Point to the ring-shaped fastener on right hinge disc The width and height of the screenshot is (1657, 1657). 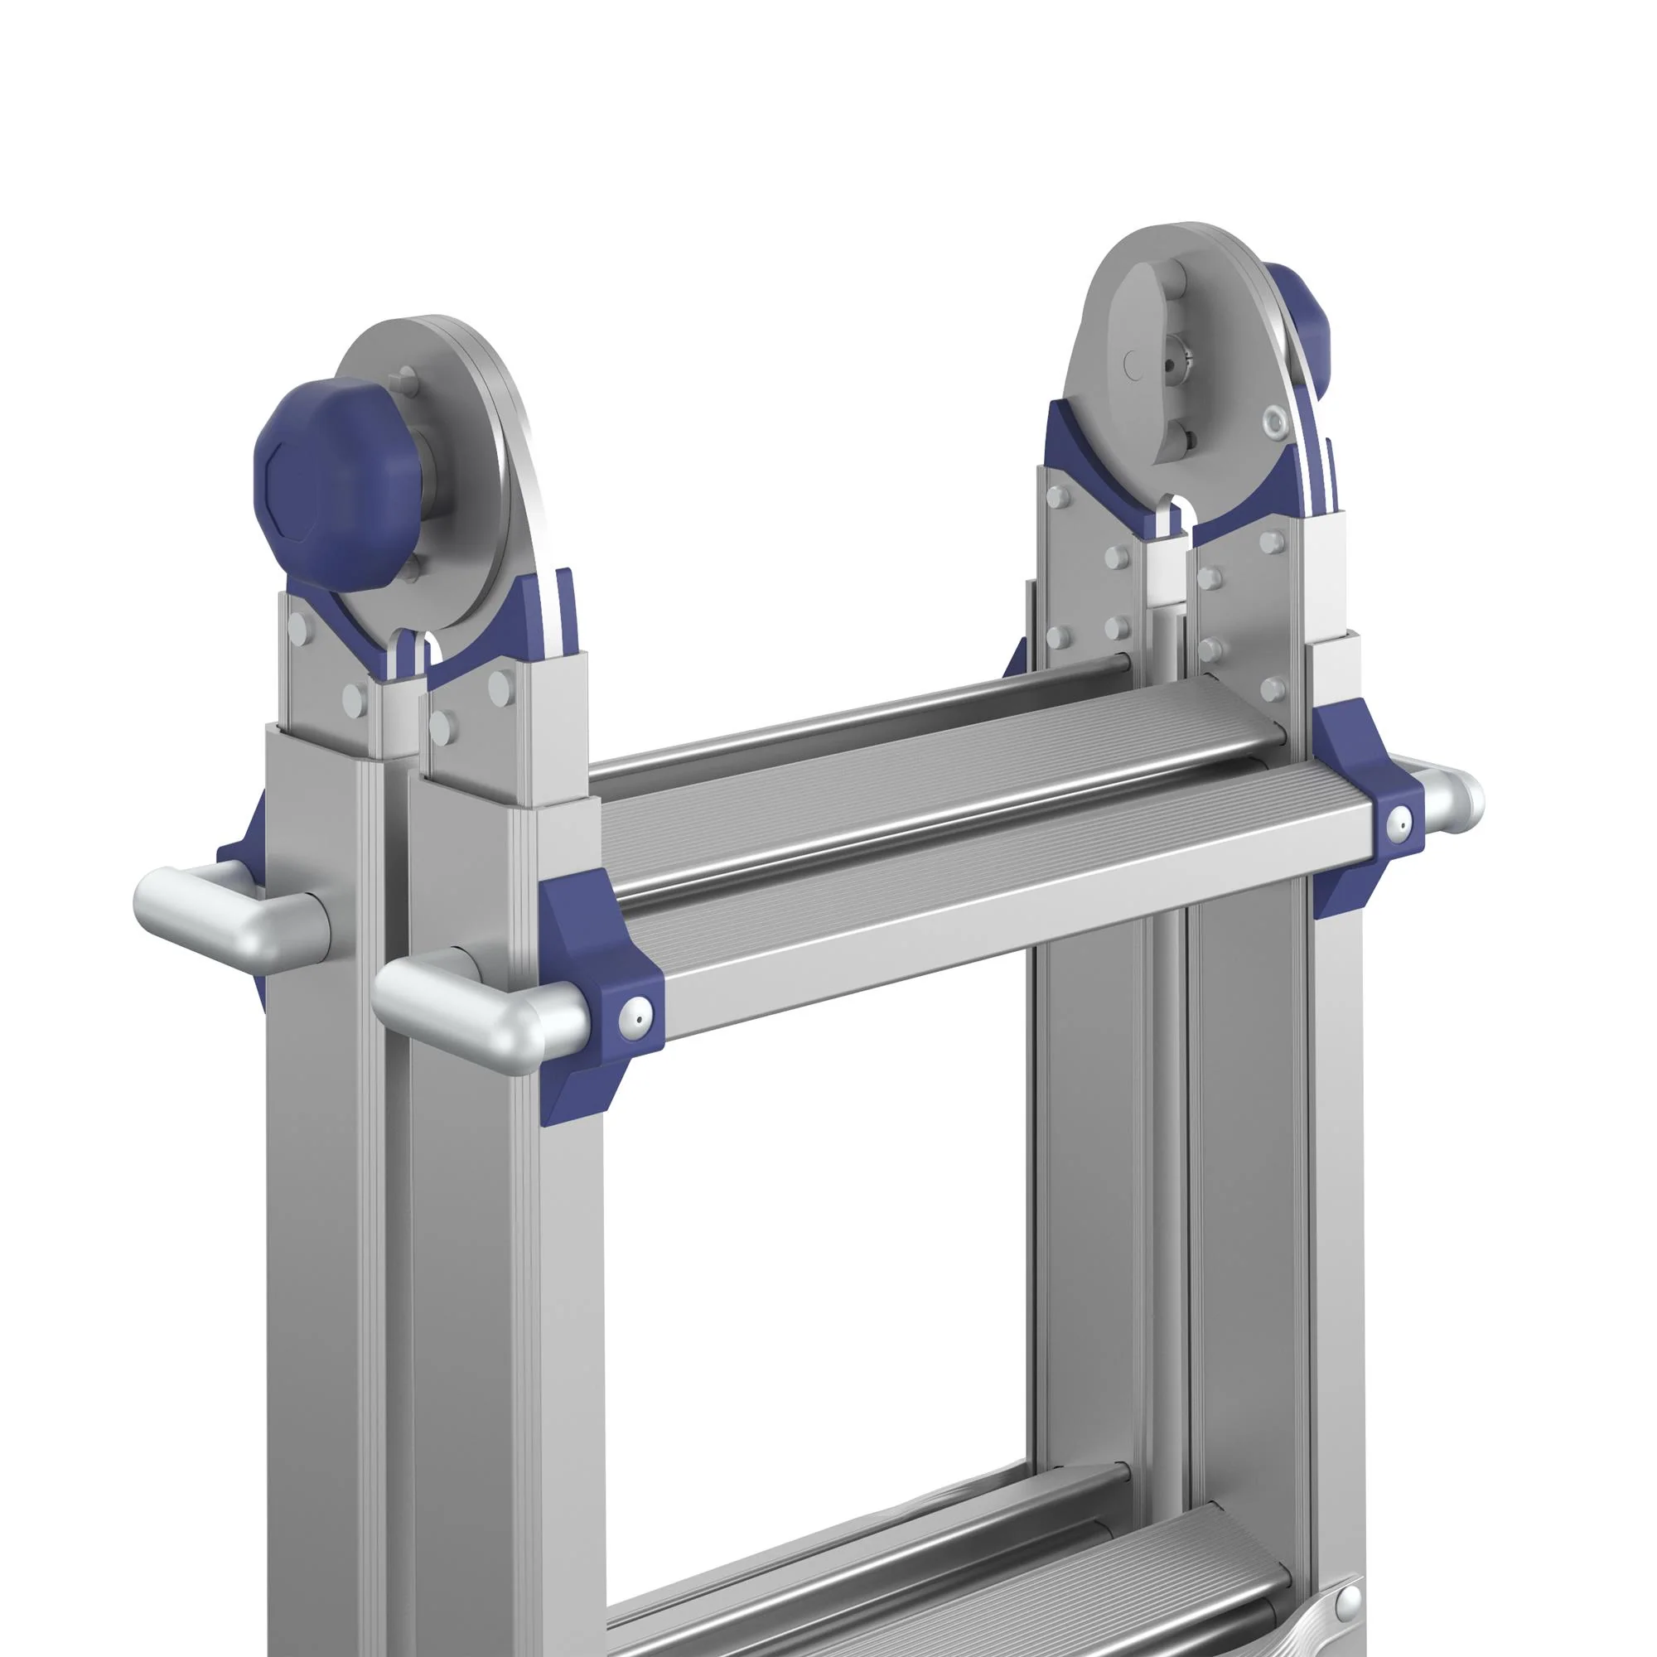tap(1275, 419)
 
